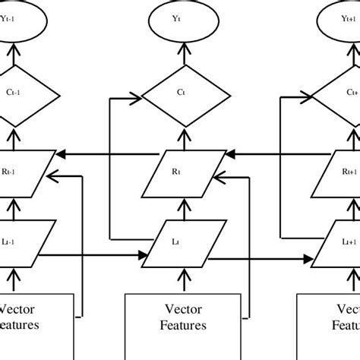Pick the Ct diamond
(x=179, y=93)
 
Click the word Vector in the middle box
(x=179, y=310)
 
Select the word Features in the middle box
(x=179, y=327)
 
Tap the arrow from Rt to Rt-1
(x=114, y=154)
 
